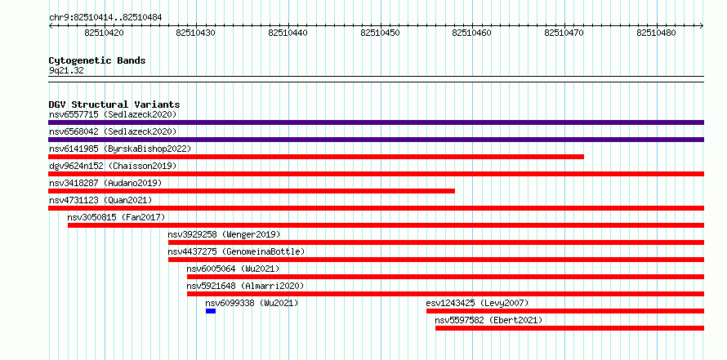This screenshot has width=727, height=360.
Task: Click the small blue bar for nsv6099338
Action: pyautogui.click(x=211, y=311)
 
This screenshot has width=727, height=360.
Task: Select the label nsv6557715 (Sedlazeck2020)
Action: pyautogui.click(x=113, y=114)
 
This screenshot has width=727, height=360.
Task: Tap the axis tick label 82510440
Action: pyautogui.click(x=288, y=33)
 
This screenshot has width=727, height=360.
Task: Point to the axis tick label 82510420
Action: pyautogui.click(x=105, y=33)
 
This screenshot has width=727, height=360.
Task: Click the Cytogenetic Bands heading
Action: pyautogui.click(x=97, y=60)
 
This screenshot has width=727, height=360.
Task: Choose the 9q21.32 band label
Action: pyautogui.click(x=66, y=71)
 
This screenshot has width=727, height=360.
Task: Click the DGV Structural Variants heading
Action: pyautogui.click(x=114, y=104)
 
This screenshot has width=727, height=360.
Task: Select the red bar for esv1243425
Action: pyautogui.click(x=565, y=311)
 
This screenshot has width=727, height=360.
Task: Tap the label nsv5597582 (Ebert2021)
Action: pyautogui.click(x=488, y=320)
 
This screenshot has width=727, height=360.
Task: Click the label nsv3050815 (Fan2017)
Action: pyautogui.click(x=116, y=217)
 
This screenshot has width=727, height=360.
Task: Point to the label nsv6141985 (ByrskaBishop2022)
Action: pyautogui.click(x=120, y=149)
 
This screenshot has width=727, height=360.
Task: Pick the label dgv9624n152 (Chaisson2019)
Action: pyautogui.click(x=113, y=166)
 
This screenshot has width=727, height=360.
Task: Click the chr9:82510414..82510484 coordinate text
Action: pyautogui.click(x=105, y=18)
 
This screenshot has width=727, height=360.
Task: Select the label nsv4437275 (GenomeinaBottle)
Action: pyautogui.click(x=236, y=251)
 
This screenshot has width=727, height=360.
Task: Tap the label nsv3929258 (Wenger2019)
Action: pyautogui.click(x=224, y=234)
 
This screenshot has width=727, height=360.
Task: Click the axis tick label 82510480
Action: pyautogui.click(x=656, y=33)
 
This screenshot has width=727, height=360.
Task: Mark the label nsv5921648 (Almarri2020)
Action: pyautogui.click(x=245, y=286)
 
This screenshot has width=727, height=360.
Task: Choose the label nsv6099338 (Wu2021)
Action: pyautogui.click(x=252, y=303)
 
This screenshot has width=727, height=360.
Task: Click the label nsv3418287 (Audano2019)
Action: pyautogui.click(x=105, y=183)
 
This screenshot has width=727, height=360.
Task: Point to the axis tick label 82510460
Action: pyautogui.click(x=471, y=33)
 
